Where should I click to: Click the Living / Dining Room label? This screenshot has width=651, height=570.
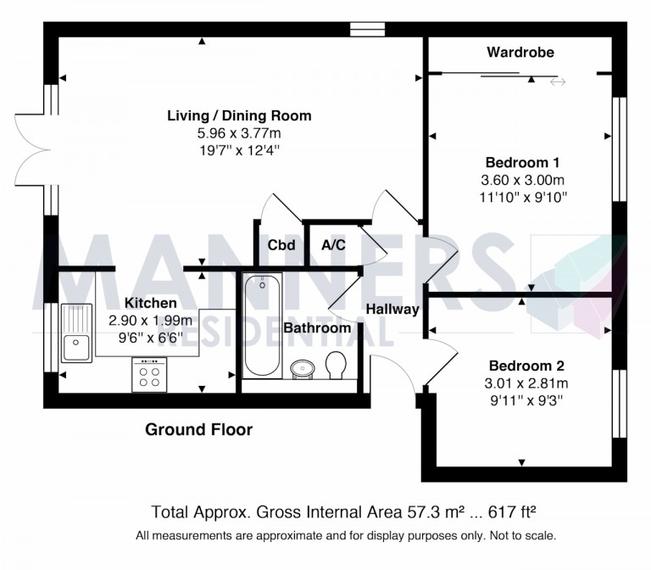pyautogui.click(x=239, y=115)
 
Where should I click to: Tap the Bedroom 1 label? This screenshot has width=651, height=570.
pyautogui.click(x=522, y=162)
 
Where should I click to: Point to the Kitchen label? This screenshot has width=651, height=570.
pyautogui.click(x=151, y=303)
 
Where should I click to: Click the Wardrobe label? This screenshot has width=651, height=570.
pyautogui.click(x=520, y=53)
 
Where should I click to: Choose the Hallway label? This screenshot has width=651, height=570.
pyautogui.click(x=393, y=310)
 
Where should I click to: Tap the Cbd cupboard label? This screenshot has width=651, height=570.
pyautogui.click(x=281, y=246)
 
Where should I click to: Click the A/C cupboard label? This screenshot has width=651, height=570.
pyautogui.click(x=331, y=246)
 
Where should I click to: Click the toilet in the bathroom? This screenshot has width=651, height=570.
pyautogui.click(x=336, y=366)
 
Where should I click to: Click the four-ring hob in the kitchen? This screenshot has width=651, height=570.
pyautogui.click(x=149, y=374)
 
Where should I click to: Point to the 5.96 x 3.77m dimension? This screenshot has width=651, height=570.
pyautogui.click(x=239, y=133)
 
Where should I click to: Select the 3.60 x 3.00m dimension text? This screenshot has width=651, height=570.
pyautogui.click(x=522, y=180)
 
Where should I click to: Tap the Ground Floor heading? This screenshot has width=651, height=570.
pyautogui.click(x=199, y=430)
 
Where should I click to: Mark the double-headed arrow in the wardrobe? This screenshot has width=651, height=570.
pyautogui.click(x=558, y=81)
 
